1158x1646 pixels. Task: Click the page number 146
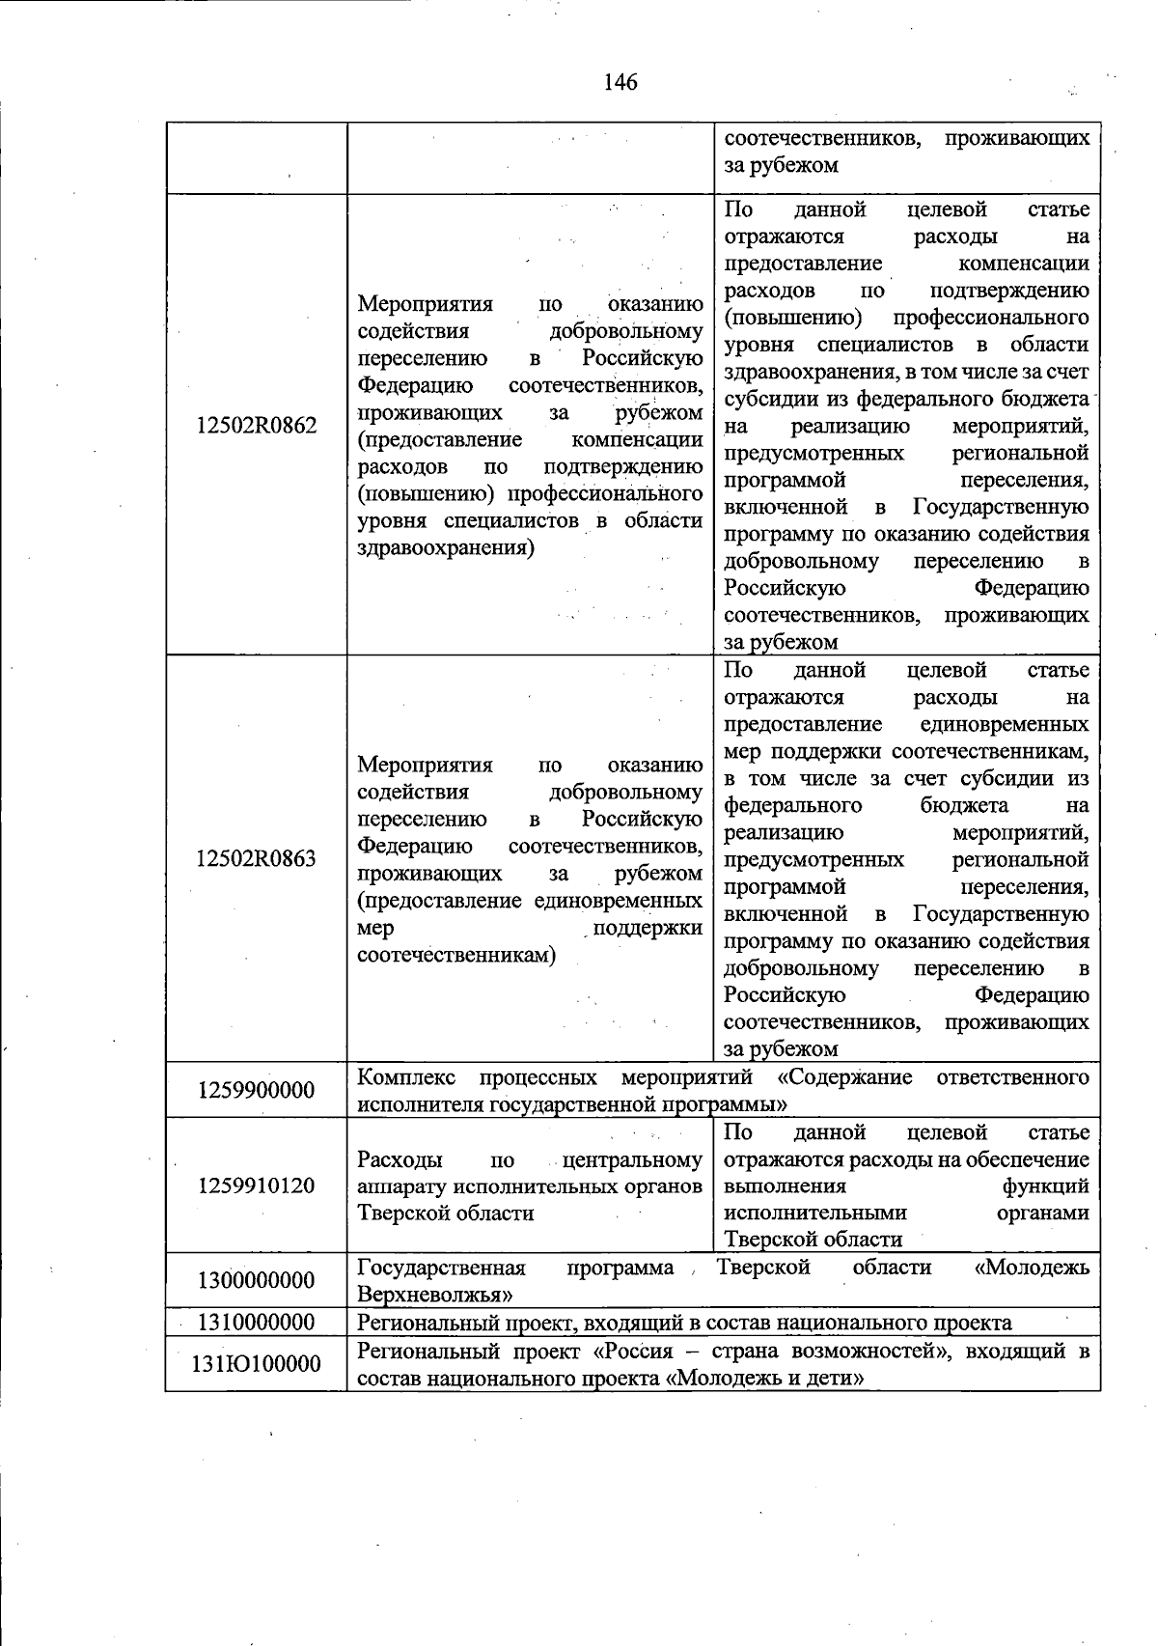[x=620, y=82]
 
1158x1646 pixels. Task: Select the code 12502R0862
[x=256, y=426]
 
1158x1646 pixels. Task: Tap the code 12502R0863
[x=256, y=859]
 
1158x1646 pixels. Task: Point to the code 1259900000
[x=256, y=1090]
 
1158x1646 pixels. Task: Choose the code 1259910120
[x=256, y=1186]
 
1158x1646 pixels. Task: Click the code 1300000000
[x=256, y=1280]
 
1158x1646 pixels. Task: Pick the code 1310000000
[x=256, y=1322]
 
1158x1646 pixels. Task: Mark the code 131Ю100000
[x=256, y=1363]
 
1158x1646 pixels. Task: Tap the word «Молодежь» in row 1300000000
[x=1032, y=1267]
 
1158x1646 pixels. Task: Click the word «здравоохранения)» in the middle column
[x=446, y=548]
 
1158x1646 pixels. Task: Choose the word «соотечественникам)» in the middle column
[x=456, y=956]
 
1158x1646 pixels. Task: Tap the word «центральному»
[x=632, y=1159]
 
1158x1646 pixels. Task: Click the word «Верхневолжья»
[x=434, y=1294]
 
